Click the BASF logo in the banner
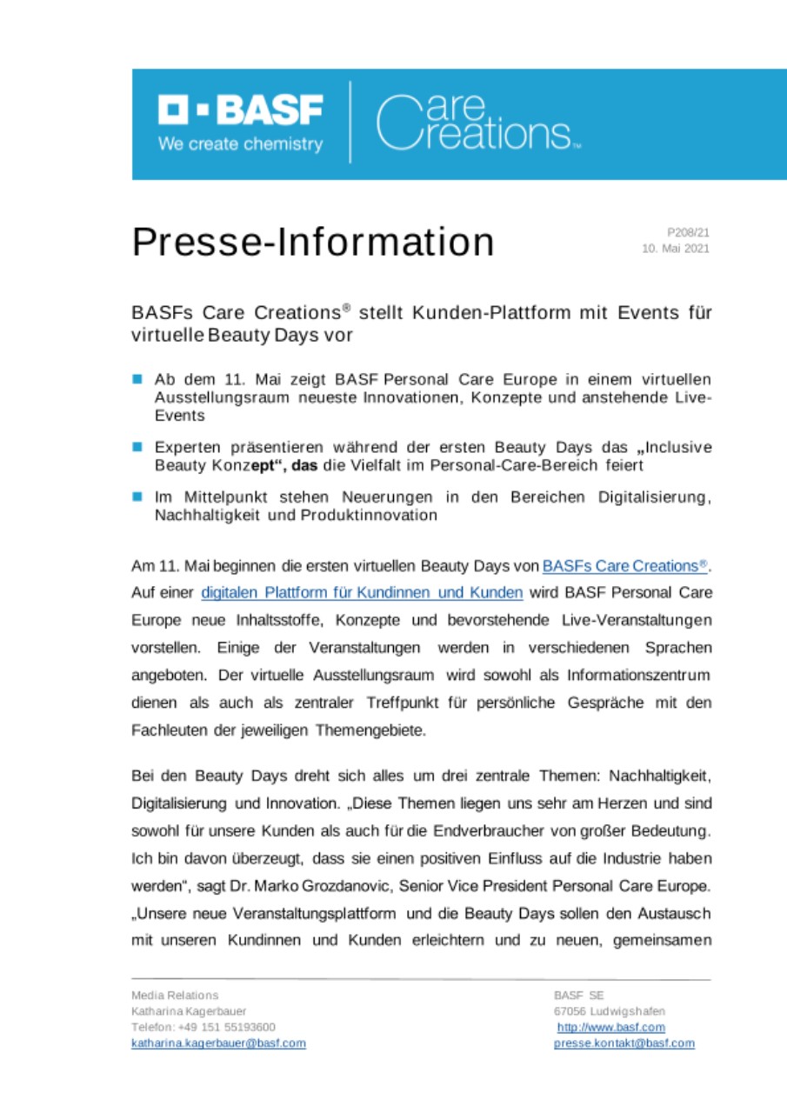pos(240,110)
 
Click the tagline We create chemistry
pos(240,144)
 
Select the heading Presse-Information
pos(313,242)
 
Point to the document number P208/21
pos(689,232)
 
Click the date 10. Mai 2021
pos(676,249)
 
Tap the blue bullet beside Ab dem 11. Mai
pos(137,379)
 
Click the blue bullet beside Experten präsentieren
pos(137,447)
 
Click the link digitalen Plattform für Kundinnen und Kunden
pos(362,593)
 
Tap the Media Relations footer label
pos(175,995)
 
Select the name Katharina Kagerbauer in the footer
pos(189,1011)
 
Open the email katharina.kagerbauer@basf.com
pos(218,1043)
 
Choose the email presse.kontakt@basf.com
pos(624,1043)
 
